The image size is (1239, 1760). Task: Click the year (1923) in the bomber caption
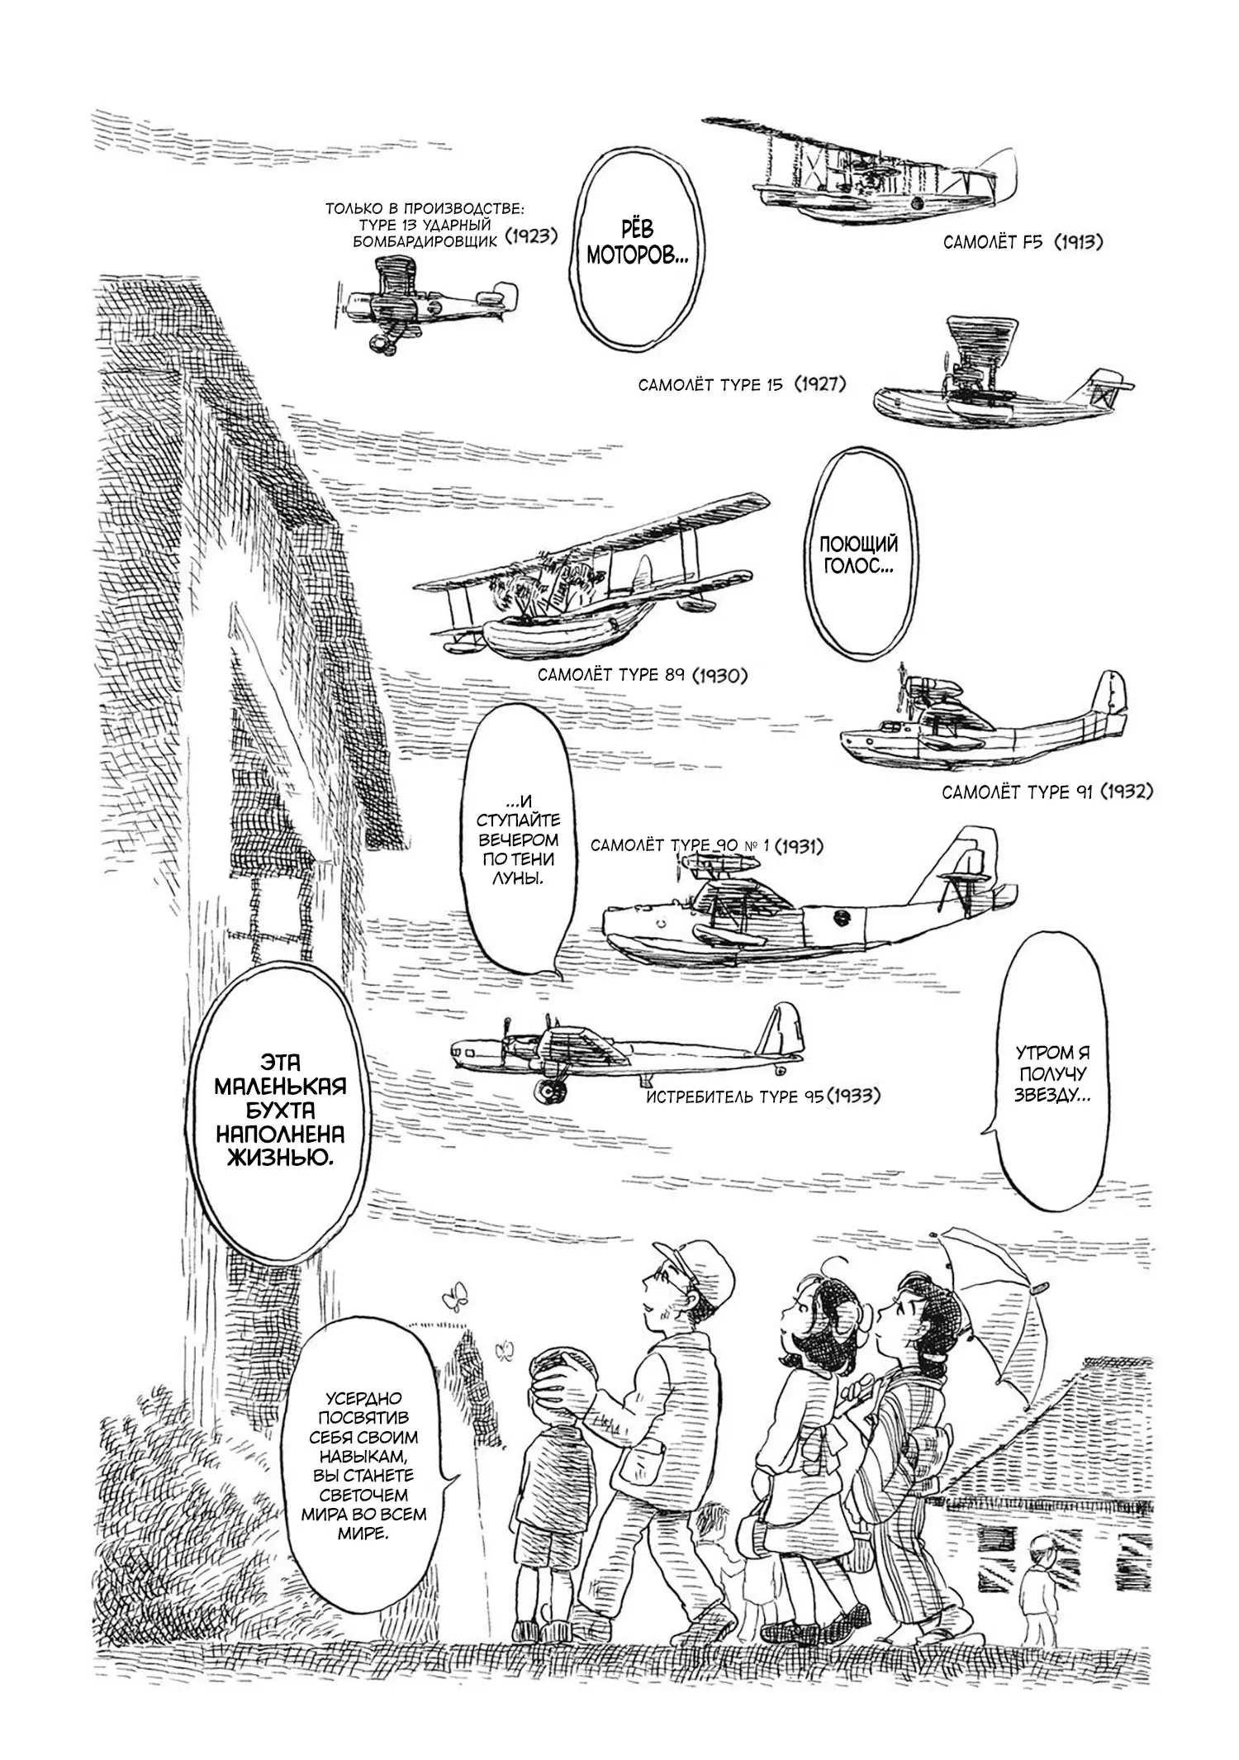pyautogui.click(x=528, y=236)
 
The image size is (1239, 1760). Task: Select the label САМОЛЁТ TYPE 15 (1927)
pyautogui.click(x=742, y=385)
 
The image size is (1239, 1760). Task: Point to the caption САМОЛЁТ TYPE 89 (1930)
pyautogui.click(x=642, y=675)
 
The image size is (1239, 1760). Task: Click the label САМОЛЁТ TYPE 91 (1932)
pyautogui.click(x=1047, y=792)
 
